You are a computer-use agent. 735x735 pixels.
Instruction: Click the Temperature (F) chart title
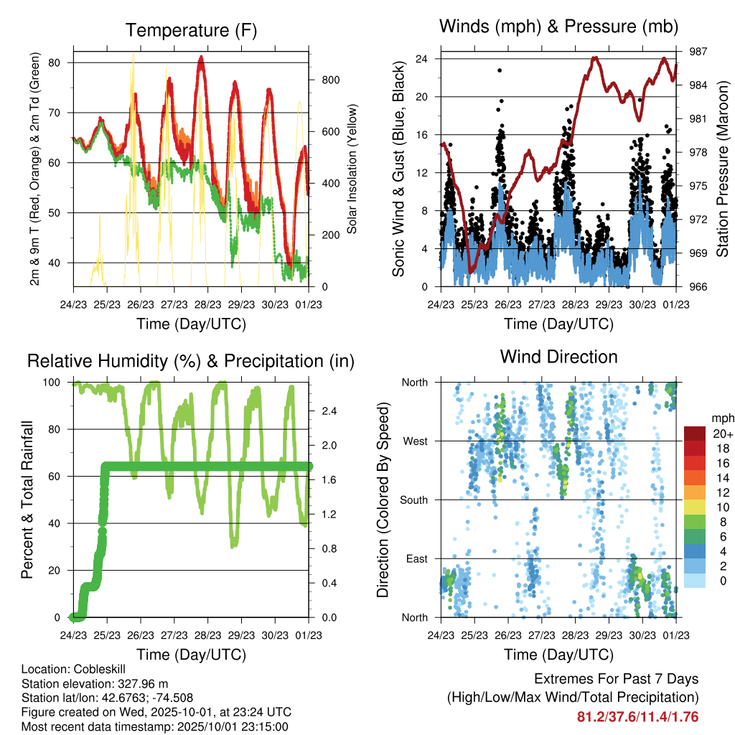point(190,30)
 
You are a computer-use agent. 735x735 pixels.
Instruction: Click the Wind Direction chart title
point(558,356)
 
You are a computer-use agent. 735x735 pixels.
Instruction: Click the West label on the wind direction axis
point(414,441)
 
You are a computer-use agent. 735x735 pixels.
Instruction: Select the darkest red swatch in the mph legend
point(695,434)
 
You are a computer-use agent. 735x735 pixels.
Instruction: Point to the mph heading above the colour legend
point(721,418)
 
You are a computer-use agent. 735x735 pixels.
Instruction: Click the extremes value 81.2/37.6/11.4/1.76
point(637,716)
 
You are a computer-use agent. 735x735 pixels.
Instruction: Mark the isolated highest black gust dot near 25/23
point(500,70)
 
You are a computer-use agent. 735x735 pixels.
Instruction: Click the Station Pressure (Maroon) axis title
point(722,169)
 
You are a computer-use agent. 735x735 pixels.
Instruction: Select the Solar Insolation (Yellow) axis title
point(352,169)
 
